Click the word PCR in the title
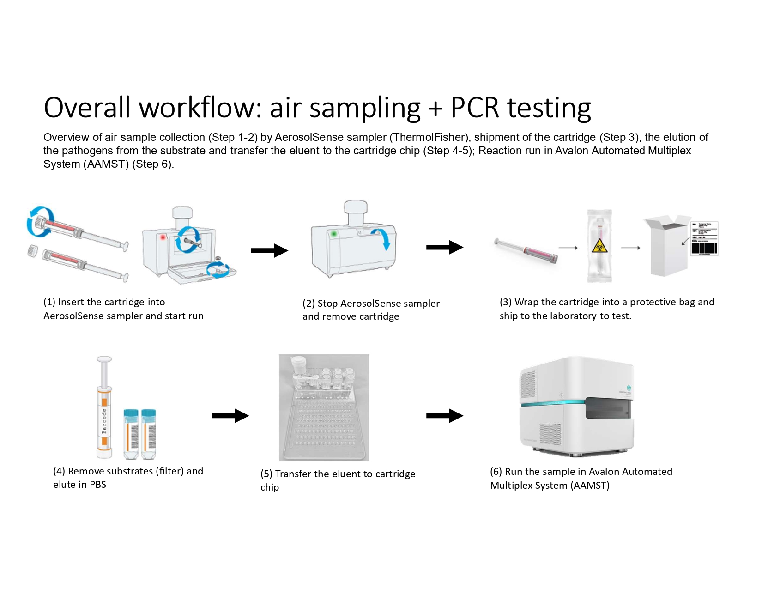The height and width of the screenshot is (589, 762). [474, 108]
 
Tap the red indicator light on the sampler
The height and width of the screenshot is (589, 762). [163, 237]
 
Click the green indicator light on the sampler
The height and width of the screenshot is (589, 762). [334, 234]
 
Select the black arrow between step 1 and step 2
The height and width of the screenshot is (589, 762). [269, 250]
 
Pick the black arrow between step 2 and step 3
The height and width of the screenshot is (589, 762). [444, 247]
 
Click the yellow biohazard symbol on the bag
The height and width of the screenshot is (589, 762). [599, 245]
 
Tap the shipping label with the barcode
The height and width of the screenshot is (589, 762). [704, 239]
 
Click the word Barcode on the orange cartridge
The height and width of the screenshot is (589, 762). [104, 421]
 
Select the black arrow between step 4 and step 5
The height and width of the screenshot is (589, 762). [230, 416]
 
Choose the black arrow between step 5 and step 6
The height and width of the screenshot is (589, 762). [444, 416]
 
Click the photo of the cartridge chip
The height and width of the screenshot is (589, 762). [324, 407]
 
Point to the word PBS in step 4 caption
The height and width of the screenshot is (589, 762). [98, 485]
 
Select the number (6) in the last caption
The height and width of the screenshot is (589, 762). [496, 472]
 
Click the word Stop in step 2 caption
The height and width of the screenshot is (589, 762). [327, 304]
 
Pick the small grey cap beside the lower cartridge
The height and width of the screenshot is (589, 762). [32, 251]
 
